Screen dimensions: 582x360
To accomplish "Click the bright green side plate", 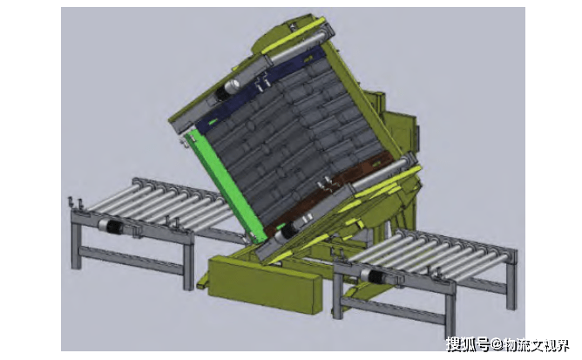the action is (x=227, y=186).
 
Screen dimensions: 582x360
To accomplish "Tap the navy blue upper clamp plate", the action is (x=260, y=89).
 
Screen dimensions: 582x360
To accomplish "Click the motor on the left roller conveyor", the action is (x=111, y=227).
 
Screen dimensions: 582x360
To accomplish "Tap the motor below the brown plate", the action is (x=291, y=230).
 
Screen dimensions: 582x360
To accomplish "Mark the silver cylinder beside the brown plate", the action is (x=382, y=173).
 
